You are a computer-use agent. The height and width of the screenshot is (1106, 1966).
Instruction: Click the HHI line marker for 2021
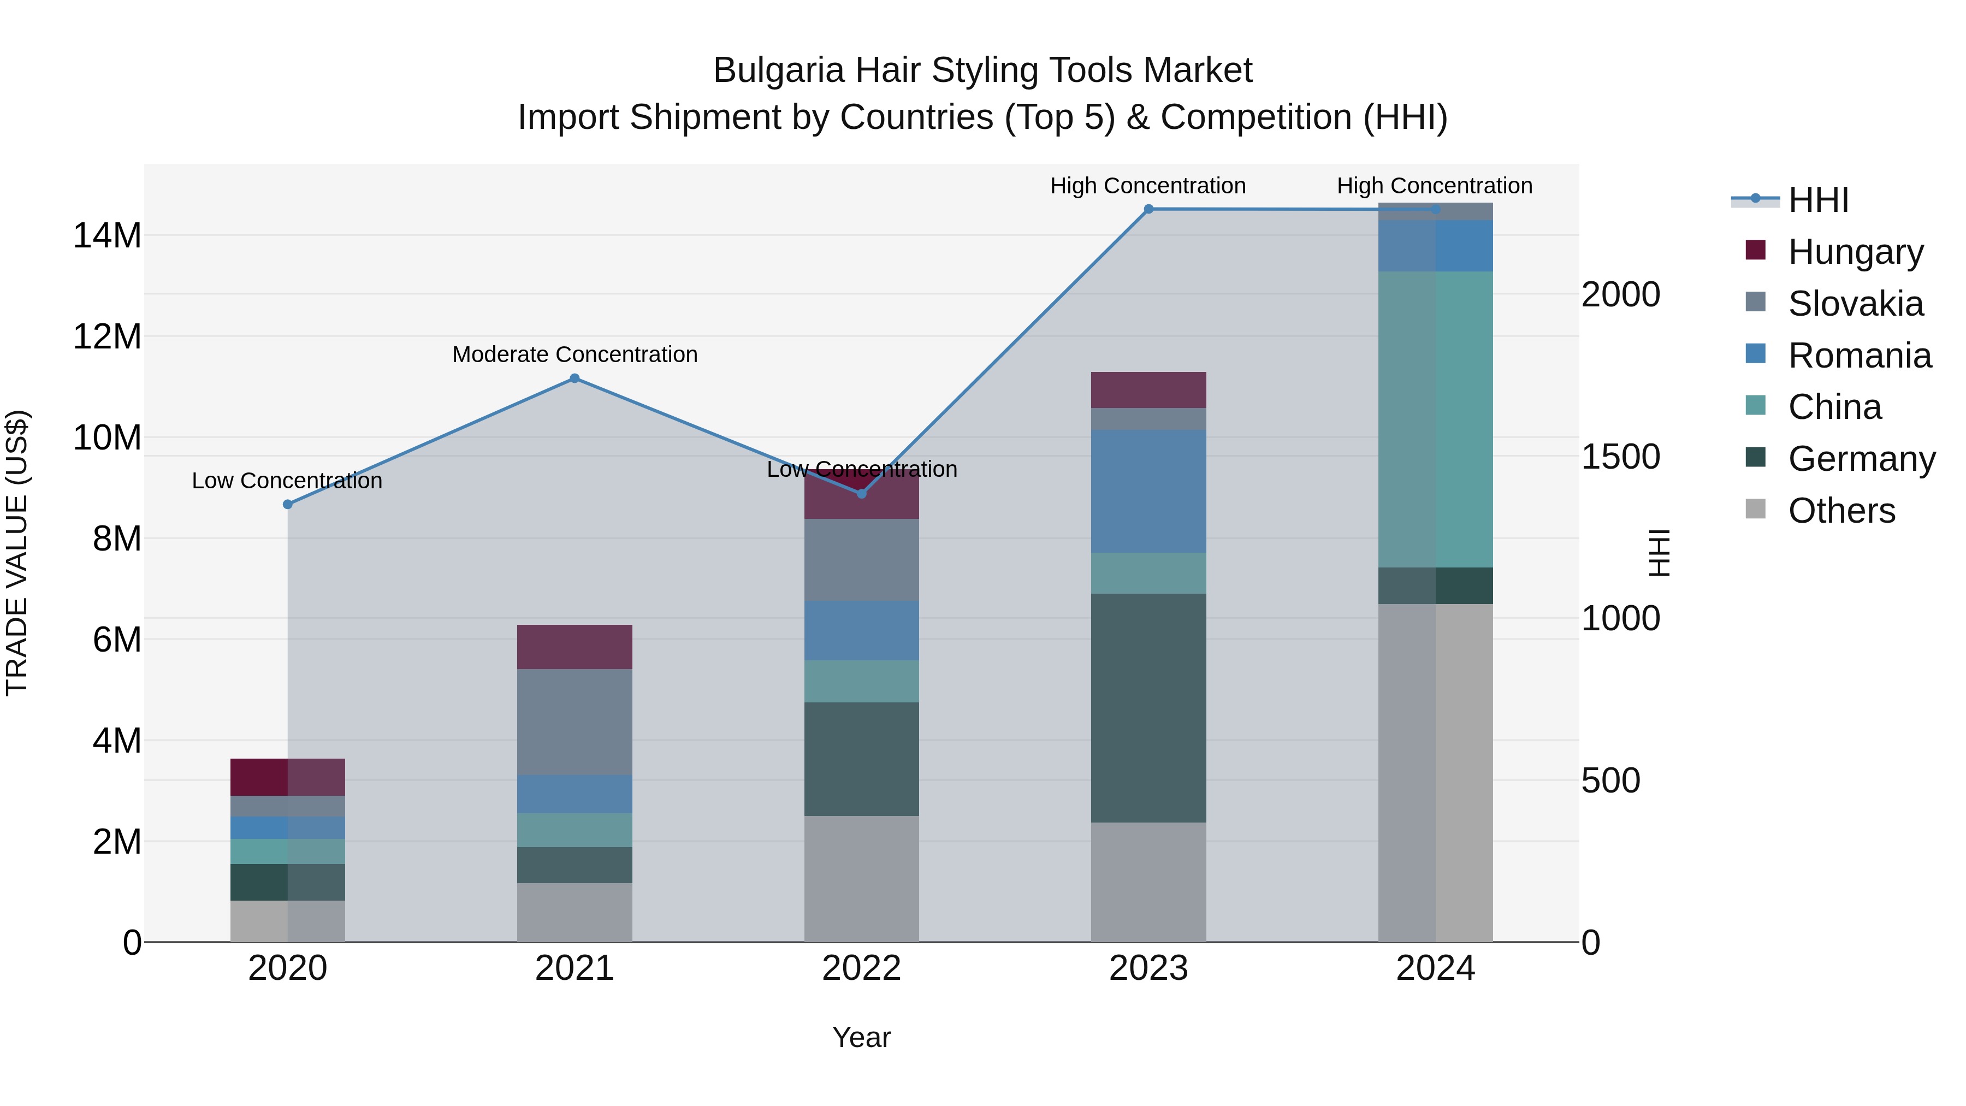click(575, 378)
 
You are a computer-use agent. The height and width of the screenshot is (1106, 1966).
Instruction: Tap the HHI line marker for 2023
click(1148, 209)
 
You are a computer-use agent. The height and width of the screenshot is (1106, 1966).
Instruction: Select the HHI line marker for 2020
click(288, 505)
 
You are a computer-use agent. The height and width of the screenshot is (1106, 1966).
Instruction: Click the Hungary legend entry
click(1855, 252)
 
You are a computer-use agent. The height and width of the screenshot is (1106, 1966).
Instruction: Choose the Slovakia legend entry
click(1855, 304)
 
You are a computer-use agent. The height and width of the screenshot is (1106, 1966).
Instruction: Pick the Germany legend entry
click(1861, 459)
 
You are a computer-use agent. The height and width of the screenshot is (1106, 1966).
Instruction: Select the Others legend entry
click(1841, 511)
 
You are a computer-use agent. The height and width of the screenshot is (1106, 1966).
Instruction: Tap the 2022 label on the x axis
click(862, 968)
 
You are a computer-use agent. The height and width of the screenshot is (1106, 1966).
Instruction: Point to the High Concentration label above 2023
click(1148, 186)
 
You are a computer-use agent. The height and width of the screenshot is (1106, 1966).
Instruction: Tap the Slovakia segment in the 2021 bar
click(575, 721)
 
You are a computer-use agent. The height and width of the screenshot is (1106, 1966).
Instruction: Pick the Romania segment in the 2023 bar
click(1148, 491)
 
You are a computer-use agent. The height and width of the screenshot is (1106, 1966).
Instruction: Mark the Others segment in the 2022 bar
click(862, 879)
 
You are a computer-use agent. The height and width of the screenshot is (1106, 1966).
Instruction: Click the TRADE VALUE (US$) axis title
click(17, 553)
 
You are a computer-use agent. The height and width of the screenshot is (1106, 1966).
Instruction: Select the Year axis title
click(862, 1037)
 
